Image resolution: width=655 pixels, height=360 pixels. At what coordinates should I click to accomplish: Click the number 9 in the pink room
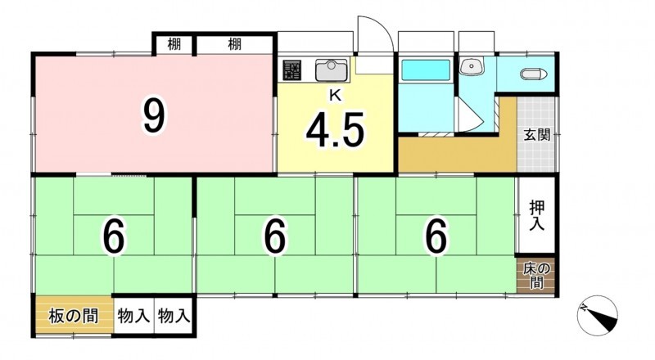(x=154, y=117)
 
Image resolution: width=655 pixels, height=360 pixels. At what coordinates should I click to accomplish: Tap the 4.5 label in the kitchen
(x=335, y=130)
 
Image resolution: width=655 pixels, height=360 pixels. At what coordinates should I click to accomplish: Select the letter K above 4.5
(x=335, y=96)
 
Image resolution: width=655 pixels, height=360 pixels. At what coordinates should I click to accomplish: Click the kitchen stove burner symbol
(x=292, y=70)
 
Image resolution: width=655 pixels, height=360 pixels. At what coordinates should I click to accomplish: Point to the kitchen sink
(x=332, y=70)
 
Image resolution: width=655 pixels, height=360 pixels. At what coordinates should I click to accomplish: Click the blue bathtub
(x=426, y=70)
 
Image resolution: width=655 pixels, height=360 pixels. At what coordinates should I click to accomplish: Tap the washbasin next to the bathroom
(x=472, y=66)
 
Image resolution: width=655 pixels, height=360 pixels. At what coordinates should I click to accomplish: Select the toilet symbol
(x=534, y=74)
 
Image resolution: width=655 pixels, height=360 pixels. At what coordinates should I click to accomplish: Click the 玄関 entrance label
(x=537, y=135)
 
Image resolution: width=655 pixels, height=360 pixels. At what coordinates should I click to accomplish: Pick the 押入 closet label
(x=537, y=215)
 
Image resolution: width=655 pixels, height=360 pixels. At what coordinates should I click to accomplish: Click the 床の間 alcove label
(x=537, y=276)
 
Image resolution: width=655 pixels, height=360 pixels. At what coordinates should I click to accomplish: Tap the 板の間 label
(x=74, y=316)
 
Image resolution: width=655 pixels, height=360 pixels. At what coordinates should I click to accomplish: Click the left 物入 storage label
(x=133, y=316)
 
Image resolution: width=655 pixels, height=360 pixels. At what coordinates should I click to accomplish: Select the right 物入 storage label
(x=174, y=316)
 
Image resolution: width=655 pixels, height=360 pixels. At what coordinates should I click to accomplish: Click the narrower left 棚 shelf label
(x=174, y=43)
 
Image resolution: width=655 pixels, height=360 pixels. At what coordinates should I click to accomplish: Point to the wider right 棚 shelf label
(x=235, y=43)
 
